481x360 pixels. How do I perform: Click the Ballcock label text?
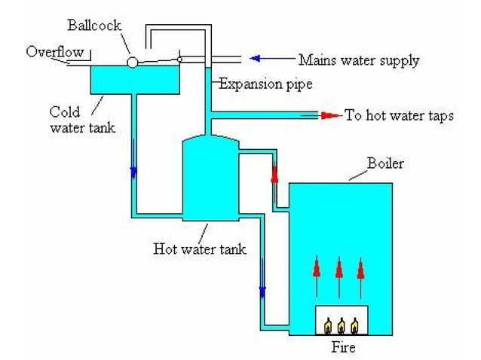tap(110, 24)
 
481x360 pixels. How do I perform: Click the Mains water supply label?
tap(358, 59)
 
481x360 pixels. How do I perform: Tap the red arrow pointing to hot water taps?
tap(329, 115)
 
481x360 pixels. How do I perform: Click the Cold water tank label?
tap(82, 119)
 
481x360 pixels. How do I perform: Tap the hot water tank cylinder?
tap(210, 178)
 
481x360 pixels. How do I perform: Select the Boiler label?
tap(384, 163)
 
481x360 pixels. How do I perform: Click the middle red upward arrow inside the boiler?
tap(339, 275)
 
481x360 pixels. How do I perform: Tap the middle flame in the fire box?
tap(342, 325)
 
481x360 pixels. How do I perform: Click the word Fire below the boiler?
tap(342, 347)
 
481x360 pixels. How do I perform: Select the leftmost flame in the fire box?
tap(328, 325)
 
